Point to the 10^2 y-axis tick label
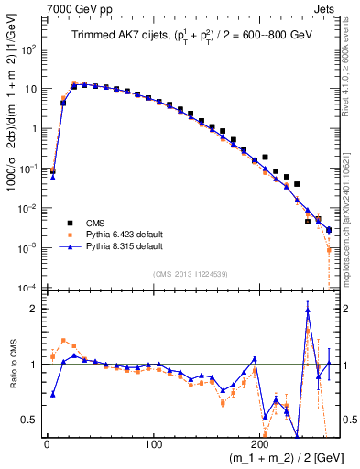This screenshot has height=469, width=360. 29,49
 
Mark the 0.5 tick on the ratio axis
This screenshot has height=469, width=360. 32,420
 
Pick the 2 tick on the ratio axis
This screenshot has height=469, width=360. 35,309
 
